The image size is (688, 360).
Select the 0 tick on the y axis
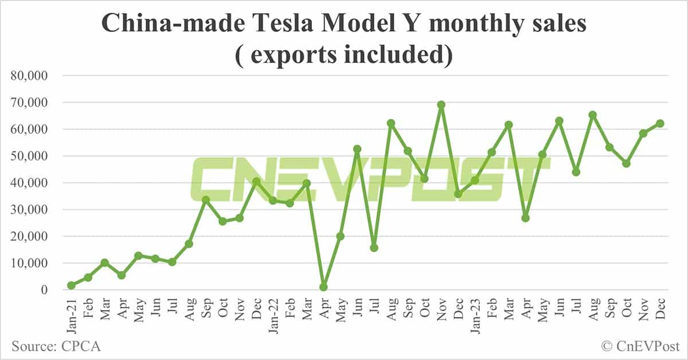44,290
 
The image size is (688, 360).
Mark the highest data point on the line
441,105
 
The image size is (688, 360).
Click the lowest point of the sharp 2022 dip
323,287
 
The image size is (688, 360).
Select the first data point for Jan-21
71,285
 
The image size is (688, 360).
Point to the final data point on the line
660,123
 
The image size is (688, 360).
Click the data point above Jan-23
475,180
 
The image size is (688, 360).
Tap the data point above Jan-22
273,201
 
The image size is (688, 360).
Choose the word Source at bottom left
33,346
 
